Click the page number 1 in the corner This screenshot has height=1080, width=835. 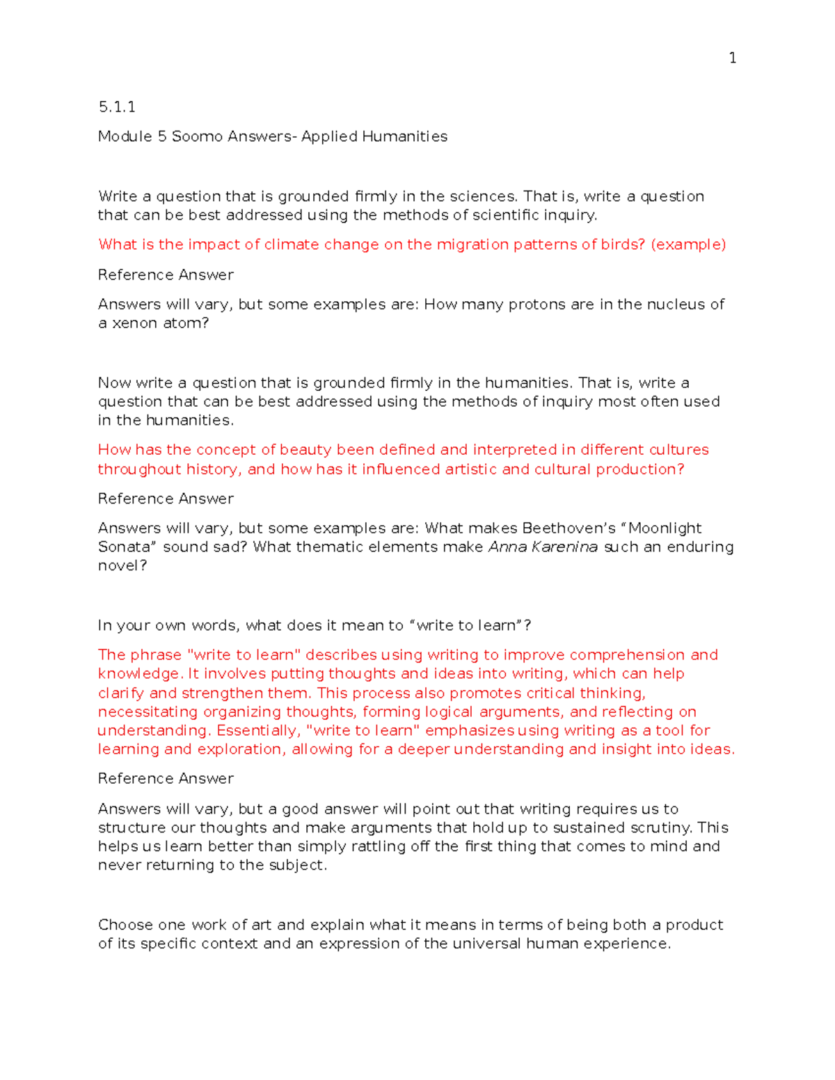pos(732,58)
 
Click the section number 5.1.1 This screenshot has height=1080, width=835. pos(116,106)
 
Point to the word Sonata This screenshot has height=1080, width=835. pos(124,547)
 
